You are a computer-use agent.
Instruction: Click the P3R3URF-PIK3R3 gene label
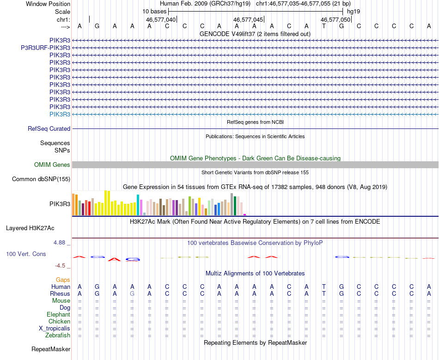[45, 48]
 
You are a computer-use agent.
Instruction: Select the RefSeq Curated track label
[49, 129]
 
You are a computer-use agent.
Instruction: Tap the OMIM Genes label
[52, 165]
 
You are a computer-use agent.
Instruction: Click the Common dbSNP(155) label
[41, 179]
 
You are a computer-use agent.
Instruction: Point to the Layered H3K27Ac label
[30, 228]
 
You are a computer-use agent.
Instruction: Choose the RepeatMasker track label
[51, 349]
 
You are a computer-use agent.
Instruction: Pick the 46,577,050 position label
[335, 20]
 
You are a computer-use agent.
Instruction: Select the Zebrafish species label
[58, 336]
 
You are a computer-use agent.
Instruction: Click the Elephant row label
[58, 315]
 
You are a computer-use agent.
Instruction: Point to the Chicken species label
[59, 322]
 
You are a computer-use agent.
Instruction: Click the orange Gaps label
[63, 280]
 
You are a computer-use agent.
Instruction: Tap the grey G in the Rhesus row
[132, 294]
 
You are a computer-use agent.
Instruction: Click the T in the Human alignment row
[324, 287]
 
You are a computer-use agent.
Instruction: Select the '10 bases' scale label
[154, 11]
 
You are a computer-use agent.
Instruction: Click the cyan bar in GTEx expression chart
[138, 205]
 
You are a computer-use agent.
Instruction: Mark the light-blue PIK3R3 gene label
[60, 114]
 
